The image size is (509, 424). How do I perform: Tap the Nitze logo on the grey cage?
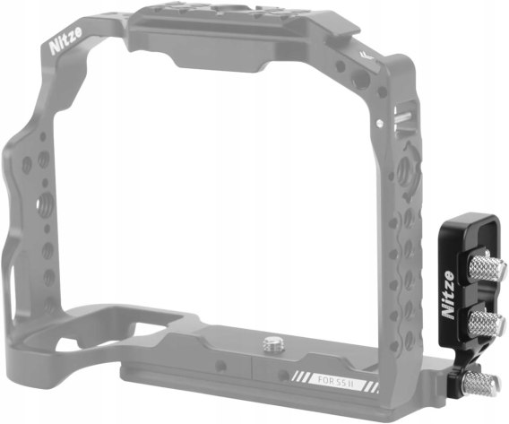[66, 40]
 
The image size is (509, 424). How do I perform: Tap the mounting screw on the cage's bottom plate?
[272, 345]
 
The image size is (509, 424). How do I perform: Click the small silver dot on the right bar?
[379, 123]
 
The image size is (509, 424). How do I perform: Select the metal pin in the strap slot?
[403, 117]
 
